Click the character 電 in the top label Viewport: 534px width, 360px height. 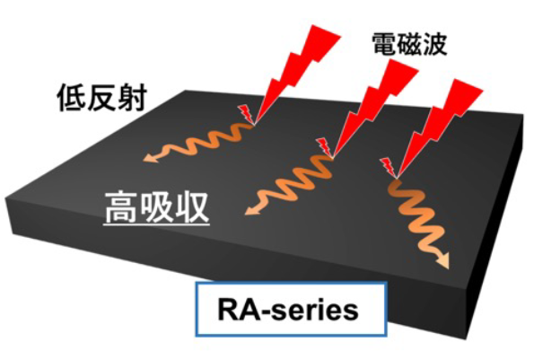pos(384,44)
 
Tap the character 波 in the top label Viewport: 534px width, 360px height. pos(434,44)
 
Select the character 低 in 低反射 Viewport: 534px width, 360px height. pos(71,98)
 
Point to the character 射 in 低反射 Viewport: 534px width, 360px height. pos(133,98)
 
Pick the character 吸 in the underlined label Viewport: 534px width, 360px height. pos(156,206)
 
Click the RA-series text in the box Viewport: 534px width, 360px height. pos(288,310)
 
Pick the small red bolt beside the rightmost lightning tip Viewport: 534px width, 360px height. pos(389,168)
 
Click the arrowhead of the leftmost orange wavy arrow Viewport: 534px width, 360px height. pos(151,157)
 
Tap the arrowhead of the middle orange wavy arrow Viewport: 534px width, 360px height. pos(252,209)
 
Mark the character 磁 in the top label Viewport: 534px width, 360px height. pos(409,44)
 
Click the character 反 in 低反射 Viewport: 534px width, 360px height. pos(101,98)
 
